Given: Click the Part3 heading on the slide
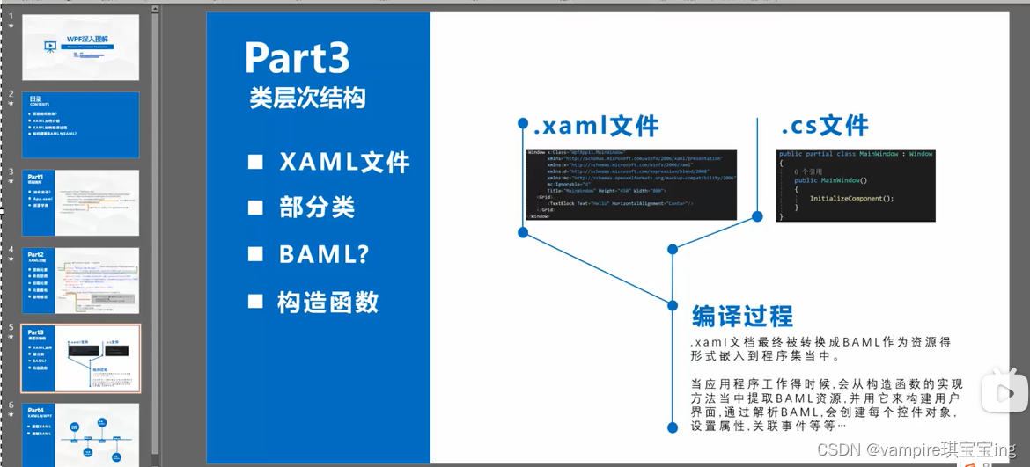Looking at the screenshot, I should [297, 58].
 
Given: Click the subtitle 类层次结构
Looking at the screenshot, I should [307, 99].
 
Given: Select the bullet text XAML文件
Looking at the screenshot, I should [344, 163].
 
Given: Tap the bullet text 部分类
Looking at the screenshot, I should [316, 208].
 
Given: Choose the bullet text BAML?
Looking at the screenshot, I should [324, 255].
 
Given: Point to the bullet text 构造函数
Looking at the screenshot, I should [327, 303].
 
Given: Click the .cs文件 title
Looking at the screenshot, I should [825, 127].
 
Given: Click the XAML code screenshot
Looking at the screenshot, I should [630, 184].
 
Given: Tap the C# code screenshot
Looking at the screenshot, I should [854, 185].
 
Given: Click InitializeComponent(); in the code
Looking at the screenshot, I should [851, 198].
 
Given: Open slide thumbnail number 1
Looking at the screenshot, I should [80, 47].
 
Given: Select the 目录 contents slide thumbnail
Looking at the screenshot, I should [80, 125].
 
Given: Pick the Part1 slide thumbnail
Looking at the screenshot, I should [80, 202].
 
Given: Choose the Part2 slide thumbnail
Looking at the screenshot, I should [80, 281].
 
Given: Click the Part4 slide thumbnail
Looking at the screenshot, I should [80, 435].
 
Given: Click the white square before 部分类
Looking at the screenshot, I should [255, 208].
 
